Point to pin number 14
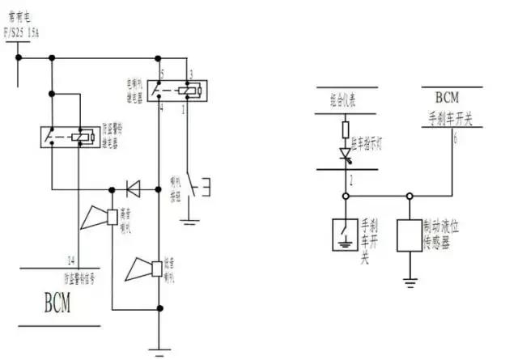pyautogui.click(x=72, y=260)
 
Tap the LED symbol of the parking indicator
pyautogui.click(x=346, y=153)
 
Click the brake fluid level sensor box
pyautogui.click(x=410, y=234)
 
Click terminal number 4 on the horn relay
pyautogui.click(x=163, y=107)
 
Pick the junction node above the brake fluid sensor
pyautogui.click(x=410, y=196)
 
